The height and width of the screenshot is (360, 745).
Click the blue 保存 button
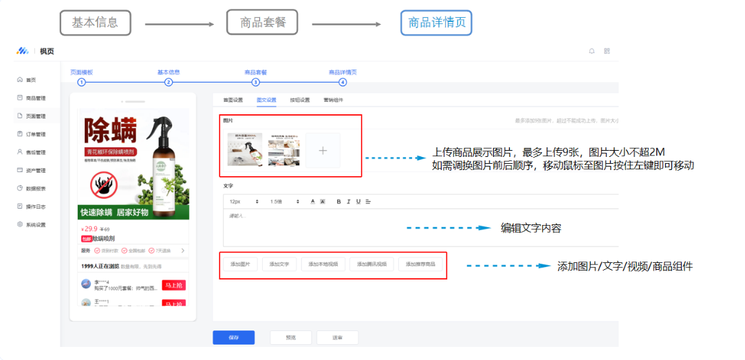click(x=233, y=337)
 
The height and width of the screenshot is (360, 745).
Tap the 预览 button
click(x=290, y=337)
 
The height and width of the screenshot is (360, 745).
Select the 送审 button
click(x=337, y=337)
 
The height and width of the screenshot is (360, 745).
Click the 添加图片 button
click(x=244, y=264)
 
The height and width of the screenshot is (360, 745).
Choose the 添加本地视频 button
click(x=323, y=264)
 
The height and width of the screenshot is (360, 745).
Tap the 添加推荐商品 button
click(x=420, y=264)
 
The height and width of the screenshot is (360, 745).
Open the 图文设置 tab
click(x=266, y=100)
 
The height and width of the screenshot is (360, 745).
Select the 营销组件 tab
click(x=333, y=100)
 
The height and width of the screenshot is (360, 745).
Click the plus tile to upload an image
click(x=323, y=150)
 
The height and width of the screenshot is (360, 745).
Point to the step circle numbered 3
click(x=256, y=82)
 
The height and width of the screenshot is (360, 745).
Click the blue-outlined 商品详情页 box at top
click(x=436, y=23)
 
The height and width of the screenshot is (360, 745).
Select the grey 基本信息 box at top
click(x=95, y=22)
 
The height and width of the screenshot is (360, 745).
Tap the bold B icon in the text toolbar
click(x=338, y=201)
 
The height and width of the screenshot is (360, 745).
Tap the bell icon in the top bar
click(x=591, y=51)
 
